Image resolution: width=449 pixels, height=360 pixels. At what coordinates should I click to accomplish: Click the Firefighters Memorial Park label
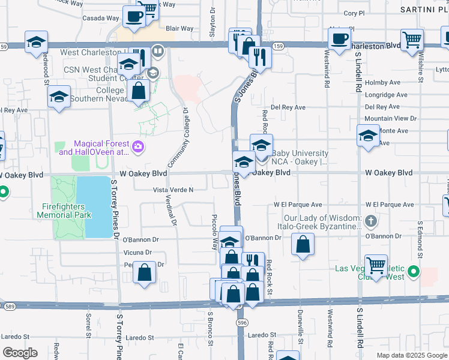click(66, 210)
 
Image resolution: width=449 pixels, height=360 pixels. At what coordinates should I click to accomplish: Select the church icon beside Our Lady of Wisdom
click(371, 222)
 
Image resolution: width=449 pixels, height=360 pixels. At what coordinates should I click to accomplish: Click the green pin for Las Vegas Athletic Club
click(413, 273)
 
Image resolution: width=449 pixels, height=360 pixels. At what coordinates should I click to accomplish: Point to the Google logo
click(20, 353)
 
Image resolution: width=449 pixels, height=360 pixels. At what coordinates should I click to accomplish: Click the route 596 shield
click(242, 322)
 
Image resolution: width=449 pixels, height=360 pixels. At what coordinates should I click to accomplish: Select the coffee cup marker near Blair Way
click(133, 16)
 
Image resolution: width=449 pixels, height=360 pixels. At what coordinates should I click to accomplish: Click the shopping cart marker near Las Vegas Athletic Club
click(376, 265)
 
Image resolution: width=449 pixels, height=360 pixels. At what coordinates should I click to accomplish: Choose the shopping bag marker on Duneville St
click(303, 245)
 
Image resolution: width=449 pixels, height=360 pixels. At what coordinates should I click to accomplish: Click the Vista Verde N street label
click(173, 190)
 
